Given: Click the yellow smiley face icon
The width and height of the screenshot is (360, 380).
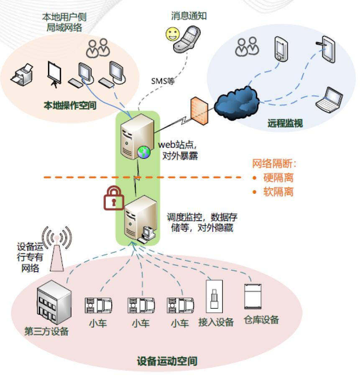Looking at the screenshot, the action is pyautogui.click(x=173, y=34).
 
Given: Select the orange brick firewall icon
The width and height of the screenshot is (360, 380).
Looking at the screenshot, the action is pyautogui.click(x=199, y=111).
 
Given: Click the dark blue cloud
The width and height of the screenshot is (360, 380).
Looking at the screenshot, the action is pyautogui.click(x=237, y=103).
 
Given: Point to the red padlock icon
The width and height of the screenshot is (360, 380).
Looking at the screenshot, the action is pyautogui.click(x=114, y=198).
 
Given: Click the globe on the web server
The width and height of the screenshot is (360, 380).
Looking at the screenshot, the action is pyautogui.click(x=144, y=152).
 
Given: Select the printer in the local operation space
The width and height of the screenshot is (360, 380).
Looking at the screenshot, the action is pyautogui.click(x=22, y=75).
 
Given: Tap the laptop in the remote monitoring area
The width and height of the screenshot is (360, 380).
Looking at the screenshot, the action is pyautogui.click(x=329, y=100).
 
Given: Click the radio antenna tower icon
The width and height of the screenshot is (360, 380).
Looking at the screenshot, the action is pyautogui.click(x=57, y=249).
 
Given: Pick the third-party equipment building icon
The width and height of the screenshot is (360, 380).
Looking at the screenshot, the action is pyautogui.click(x=54, y=302).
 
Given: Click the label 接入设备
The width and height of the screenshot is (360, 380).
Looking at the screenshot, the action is pyautogui.click(x=216, y=322).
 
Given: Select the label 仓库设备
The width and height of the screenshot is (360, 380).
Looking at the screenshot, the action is pyautogui.click(x=261, y=320).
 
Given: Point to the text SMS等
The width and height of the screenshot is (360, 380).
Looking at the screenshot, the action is pyautogui.click(x=163, y=81).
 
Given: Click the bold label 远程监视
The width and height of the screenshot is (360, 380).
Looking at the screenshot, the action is pyautogui.click(x=285, y=123).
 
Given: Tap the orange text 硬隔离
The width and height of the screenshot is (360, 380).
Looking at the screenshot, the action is pyautogui.click(x=278, y=177).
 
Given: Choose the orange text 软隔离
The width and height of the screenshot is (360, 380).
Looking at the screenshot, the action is pyautogui.click(x=278, y=192).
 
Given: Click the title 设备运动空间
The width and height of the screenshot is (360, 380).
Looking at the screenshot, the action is pyautogui.click(x=167, y=361).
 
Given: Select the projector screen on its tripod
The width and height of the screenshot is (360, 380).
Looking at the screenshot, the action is pyautogui.click(x=54, y=74).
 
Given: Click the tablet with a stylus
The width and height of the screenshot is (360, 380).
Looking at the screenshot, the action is pyautogui.click(x=327, y=49).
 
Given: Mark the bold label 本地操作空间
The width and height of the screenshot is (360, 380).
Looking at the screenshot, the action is pyautogui.click(x=70, y=105).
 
